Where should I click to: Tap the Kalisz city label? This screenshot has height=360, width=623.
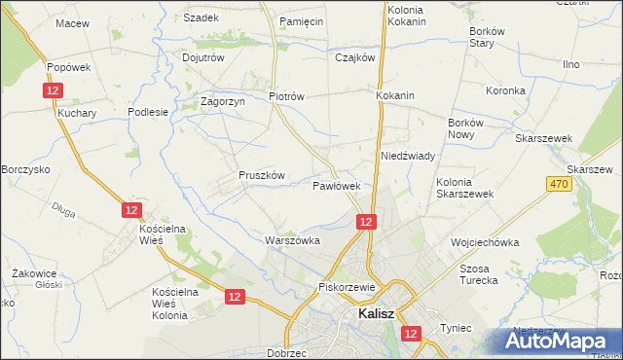(x=375, y=314)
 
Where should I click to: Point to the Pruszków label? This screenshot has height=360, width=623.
(x=261, y=175)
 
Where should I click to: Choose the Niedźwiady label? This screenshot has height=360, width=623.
(x=407, y=156)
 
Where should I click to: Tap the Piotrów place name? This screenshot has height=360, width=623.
(x=287, y=96)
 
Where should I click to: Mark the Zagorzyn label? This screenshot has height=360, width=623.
(x=220, y=100)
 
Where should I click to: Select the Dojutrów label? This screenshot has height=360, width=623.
(x=203, y=57)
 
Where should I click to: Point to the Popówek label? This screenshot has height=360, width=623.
(x=68, y=67)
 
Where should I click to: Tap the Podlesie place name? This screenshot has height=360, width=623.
(x=149, y=112)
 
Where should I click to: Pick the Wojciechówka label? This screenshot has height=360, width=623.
(x=485, y=242)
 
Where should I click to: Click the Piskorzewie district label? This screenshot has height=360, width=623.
(x=347, y=287)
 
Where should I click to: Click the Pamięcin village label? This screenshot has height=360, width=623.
(x=300, y=20)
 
